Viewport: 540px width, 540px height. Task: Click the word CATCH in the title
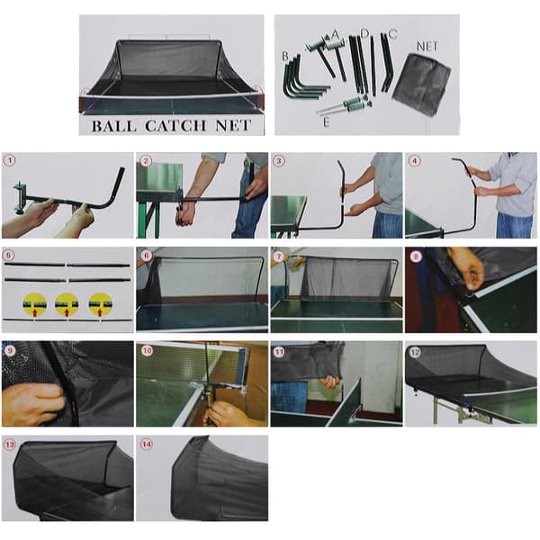coord(175,126)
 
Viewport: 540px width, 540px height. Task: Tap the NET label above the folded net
coord(427,46)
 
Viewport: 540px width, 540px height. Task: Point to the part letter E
coord(326,122)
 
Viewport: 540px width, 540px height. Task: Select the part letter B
coord(285,56)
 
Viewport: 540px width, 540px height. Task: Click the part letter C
coord(393,34)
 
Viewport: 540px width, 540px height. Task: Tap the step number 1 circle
coord(10,161)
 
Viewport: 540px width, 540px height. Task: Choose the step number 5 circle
coord(10,256)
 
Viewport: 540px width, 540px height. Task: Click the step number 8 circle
coord(416,256)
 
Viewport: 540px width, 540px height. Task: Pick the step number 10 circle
coord(147,350)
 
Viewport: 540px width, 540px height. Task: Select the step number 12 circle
coord(415,352)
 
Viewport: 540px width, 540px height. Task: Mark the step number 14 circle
coord(147,445)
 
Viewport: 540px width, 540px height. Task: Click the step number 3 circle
coord(279,161)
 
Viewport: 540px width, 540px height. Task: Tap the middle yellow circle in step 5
coord(67,304)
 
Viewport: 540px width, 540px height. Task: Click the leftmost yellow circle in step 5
coord(34,304)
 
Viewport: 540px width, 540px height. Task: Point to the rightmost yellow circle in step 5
coord(100,304)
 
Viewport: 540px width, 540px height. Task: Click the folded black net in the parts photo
coord(422,83)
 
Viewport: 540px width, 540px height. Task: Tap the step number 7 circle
coord(279,256)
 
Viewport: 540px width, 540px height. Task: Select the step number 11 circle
coord(279,352)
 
